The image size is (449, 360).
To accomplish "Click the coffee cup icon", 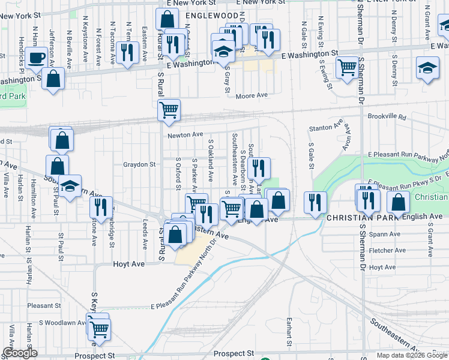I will coord(36,58).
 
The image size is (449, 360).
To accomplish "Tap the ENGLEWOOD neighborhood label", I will coord(212,15).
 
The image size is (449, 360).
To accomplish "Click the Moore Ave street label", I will coord(252,95).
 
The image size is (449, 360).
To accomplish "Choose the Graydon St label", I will coord(139,164).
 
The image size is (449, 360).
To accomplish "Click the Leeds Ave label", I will coord(145,236).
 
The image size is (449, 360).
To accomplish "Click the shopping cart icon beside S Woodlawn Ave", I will coord(99,328).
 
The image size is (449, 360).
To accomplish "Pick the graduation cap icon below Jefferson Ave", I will coord(70,186).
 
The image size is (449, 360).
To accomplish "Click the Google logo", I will coord(20,353).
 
